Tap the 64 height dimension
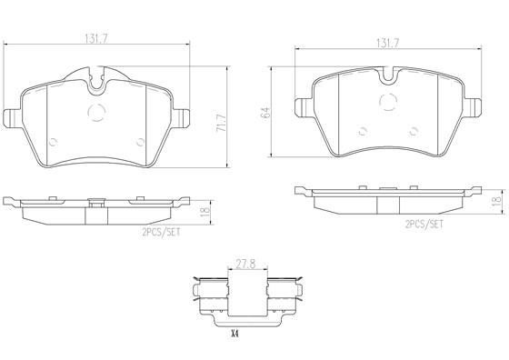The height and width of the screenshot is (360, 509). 264,112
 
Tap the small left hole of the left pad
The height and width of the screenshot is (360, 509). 51,141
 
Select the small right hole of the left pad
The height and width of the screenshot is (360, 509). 140,141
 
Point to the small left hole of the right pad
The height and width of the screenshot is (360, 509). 362,128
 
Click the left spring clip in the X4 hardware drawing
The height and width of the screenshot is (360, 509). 211,296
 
